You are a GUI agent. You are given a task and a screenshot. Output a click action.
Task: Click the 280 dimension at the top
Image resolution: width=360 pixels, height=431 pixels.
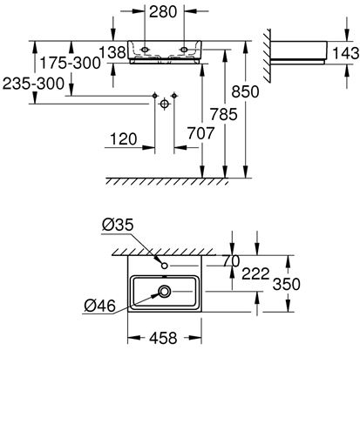tap(163, 12)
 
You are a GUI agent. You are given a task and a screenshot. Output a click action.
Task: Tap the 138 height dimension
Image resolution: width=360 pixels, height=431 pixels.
tap(112, 52)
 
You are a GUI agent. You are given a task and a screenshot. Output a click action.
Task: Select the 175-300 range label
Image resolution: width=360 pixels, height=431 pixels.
tap(70, 63)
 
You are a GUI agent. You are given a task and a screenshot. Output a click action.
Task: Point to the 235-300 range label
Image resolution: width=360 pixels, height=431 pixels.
tap(33, 84)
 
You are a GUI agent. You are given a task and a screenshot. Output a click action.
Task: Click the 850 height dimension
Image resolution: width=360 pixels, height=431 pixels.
tap(245, 91)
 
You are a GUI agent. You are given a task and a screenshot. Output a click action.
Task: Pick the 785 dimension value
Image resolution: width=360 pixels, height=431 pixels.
tap(224, 114)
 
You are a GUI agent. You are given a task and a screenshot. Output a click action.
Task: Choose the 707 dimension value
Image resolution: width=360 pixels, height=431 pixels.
tap(200, 133)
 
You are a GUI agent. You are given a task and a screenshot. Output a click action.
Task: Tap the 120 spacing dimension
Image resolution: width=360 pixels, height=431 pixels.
tap(124, 139)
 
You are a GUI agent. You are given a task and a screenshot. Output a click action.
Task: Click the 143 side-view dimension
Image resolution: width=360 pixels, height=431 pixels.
tap(346, 53)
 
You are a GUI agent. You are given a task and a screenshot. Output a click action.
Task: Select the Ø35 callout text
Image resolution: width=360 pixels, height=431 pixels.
tap(118, 225)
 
